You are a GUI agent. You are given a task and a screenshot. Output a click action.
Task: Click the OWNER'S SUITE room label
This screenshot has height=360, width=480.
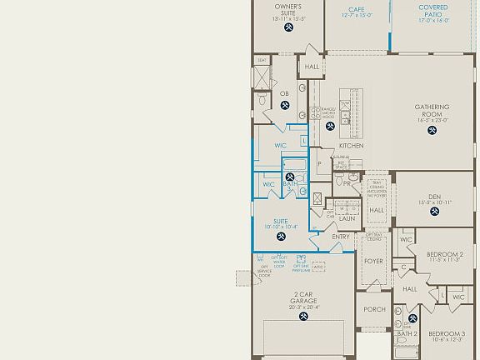coord(287,10)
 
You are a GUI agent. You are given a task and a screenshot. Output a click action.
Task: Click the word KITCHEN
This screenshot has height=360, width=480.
coord(351,146)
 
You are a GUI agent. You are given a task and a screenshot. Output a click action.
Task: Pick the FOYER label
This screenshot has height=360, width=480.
coord(373,261)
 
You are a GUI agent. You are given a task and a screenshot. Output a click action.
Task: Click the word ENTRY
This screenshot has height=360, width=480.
coord(341,237)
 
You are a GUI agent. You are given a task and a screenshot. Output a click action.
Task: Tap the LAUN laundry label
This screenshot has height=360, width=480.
coord(346,218)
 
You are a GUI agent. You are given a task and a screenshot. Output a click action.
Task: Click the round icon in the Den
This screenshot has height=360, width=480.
coord(433,212)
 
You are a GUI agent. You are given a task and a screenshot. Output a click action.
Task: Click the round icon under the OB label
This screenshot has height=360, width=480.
coord(285,105)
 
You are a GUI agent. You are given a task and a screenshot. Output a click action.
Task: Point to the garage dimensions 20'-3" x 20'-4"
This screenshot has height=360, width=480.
coord(303,307)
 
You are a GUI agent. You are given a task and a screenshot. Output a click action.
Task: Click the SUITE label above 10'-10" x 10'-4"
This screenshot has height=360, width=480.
coord(280,221)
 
